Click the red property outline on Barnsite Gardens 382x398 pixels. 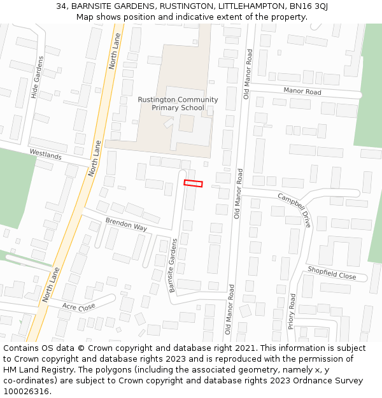point(193,183)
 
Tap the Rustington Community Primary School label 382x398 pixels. point(178,104)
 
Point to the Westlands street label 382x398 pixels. point(46,155)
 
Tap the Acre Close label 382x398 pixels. point(78,306)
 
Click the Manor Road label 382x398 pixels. point(302,92)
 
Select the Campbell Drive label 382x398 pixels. point(295,210)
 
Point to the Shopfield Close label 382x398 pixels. point(332,273)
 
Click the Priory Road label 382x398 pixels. point(292,311)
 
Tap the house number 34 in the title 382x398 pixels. point(62,6)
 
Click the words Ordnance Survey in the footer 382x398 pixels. point(329,380)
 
